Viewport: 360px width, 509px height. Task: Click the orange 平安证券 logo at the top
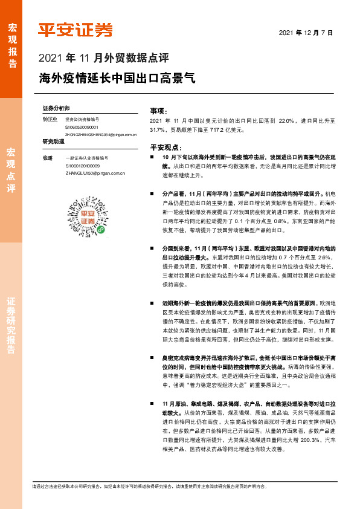(75, 30)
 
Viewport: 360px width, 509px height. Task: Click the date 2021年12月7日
(307, 31)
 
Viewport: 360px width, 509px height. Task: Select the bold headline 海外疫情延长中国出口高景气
(117, 78)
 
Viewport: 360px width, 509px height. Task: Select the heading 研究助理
(53, 142)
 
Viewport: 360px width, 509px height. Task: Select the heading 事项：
(158, 111)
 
